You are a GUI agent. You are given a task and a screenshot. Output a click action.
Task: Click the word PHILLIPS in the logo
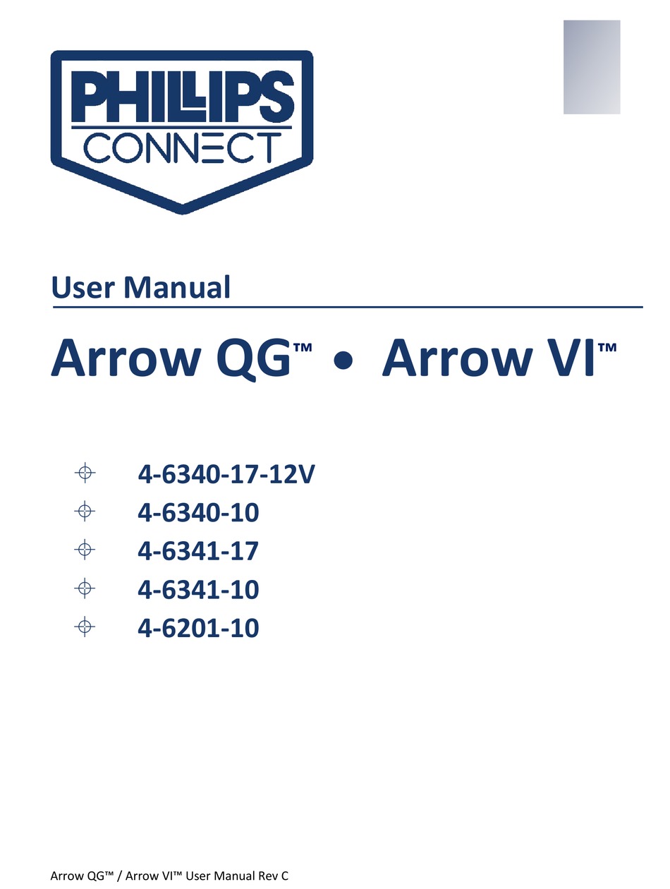pos(183,96)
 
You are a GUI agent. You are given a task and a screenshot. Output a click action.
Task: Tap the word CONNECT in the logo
pos(182,148)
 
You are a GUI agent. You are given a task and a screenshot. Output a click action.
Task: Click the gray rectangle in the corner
pos(592,67)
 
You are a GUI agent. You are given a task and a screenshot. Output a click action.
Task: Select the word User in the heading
pos(83,288)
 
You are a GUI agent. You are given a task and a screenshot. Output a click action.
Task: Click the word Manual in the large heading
pos(177,287)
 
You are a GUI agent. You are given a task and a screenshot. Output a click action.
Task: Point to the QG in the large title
pos(254,358)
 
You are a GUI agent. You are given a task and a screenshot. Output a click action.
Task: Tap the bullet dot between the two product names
pos(343,361)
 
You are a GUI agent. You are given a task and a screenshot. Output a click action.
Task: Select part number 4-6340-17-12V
pos(226,474)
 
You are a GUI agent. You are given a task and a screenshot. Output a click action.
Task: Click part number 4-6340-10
pos(198,513)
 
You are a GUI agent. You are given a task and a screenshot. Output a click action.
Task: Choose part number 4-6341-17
pos(198,551)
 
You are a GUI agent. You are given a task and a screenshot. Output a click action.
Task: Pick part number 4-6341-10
pos(198,589)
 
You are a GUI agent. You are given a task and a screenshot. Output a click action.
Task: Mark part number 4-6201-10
pos(198,628)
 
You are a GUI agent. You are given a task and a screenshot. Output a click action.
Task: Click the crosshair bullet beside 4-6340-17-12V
pos(85,473)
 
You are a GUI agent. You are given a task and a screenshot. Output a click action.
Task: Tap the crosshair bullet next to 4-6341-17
pos(85,550)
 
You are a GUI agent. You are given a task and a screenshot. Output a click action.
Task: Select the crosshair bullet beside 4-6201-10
pos(85,627)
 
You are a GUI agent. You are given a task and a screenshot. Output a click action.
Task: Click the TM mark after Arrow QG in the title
pos(303,348)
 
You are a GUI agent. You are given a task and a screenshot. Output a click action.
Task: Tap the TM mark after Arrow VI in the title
pos(607,348)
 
